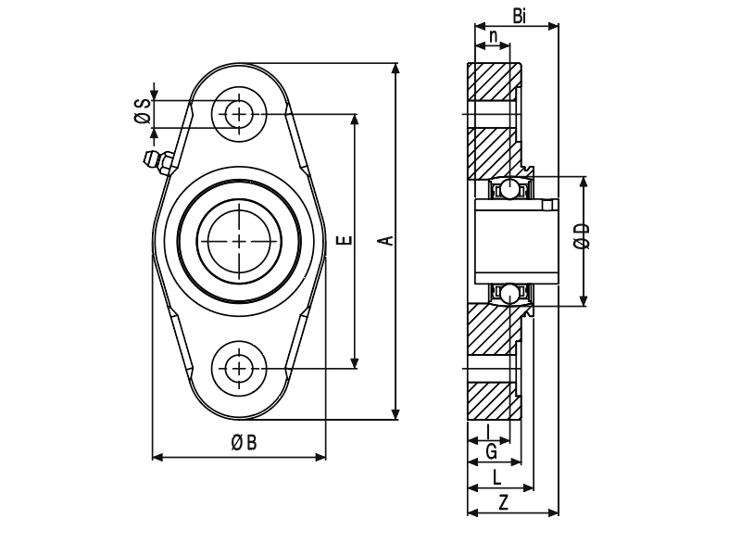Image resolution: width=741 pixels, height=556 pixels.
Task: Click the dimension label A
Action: (x=387, y=240)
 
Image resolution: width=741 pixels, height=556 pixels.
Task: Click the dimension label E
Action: (x=346, y=240)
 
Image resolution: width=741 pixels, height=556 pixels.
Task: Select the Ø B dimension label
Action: (x=244, y=443)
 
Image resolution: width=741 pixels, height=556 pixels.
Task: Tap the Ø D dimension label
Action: (x=583, y=236)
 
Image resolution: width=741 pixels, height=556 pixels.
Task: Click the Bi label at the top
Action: (x=519, y=17)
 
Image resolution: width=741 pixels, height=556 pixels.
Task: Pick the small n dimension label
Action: (x=493, y=35)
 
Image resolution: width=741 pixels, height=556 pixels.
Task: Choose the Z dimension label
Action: (x=504, y=502)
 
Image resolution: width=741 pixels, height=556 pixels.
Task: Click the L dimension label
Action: (x=496, y=477)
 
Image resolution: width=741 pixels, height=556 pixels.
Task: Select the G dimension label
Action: (x=492, y=452)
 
